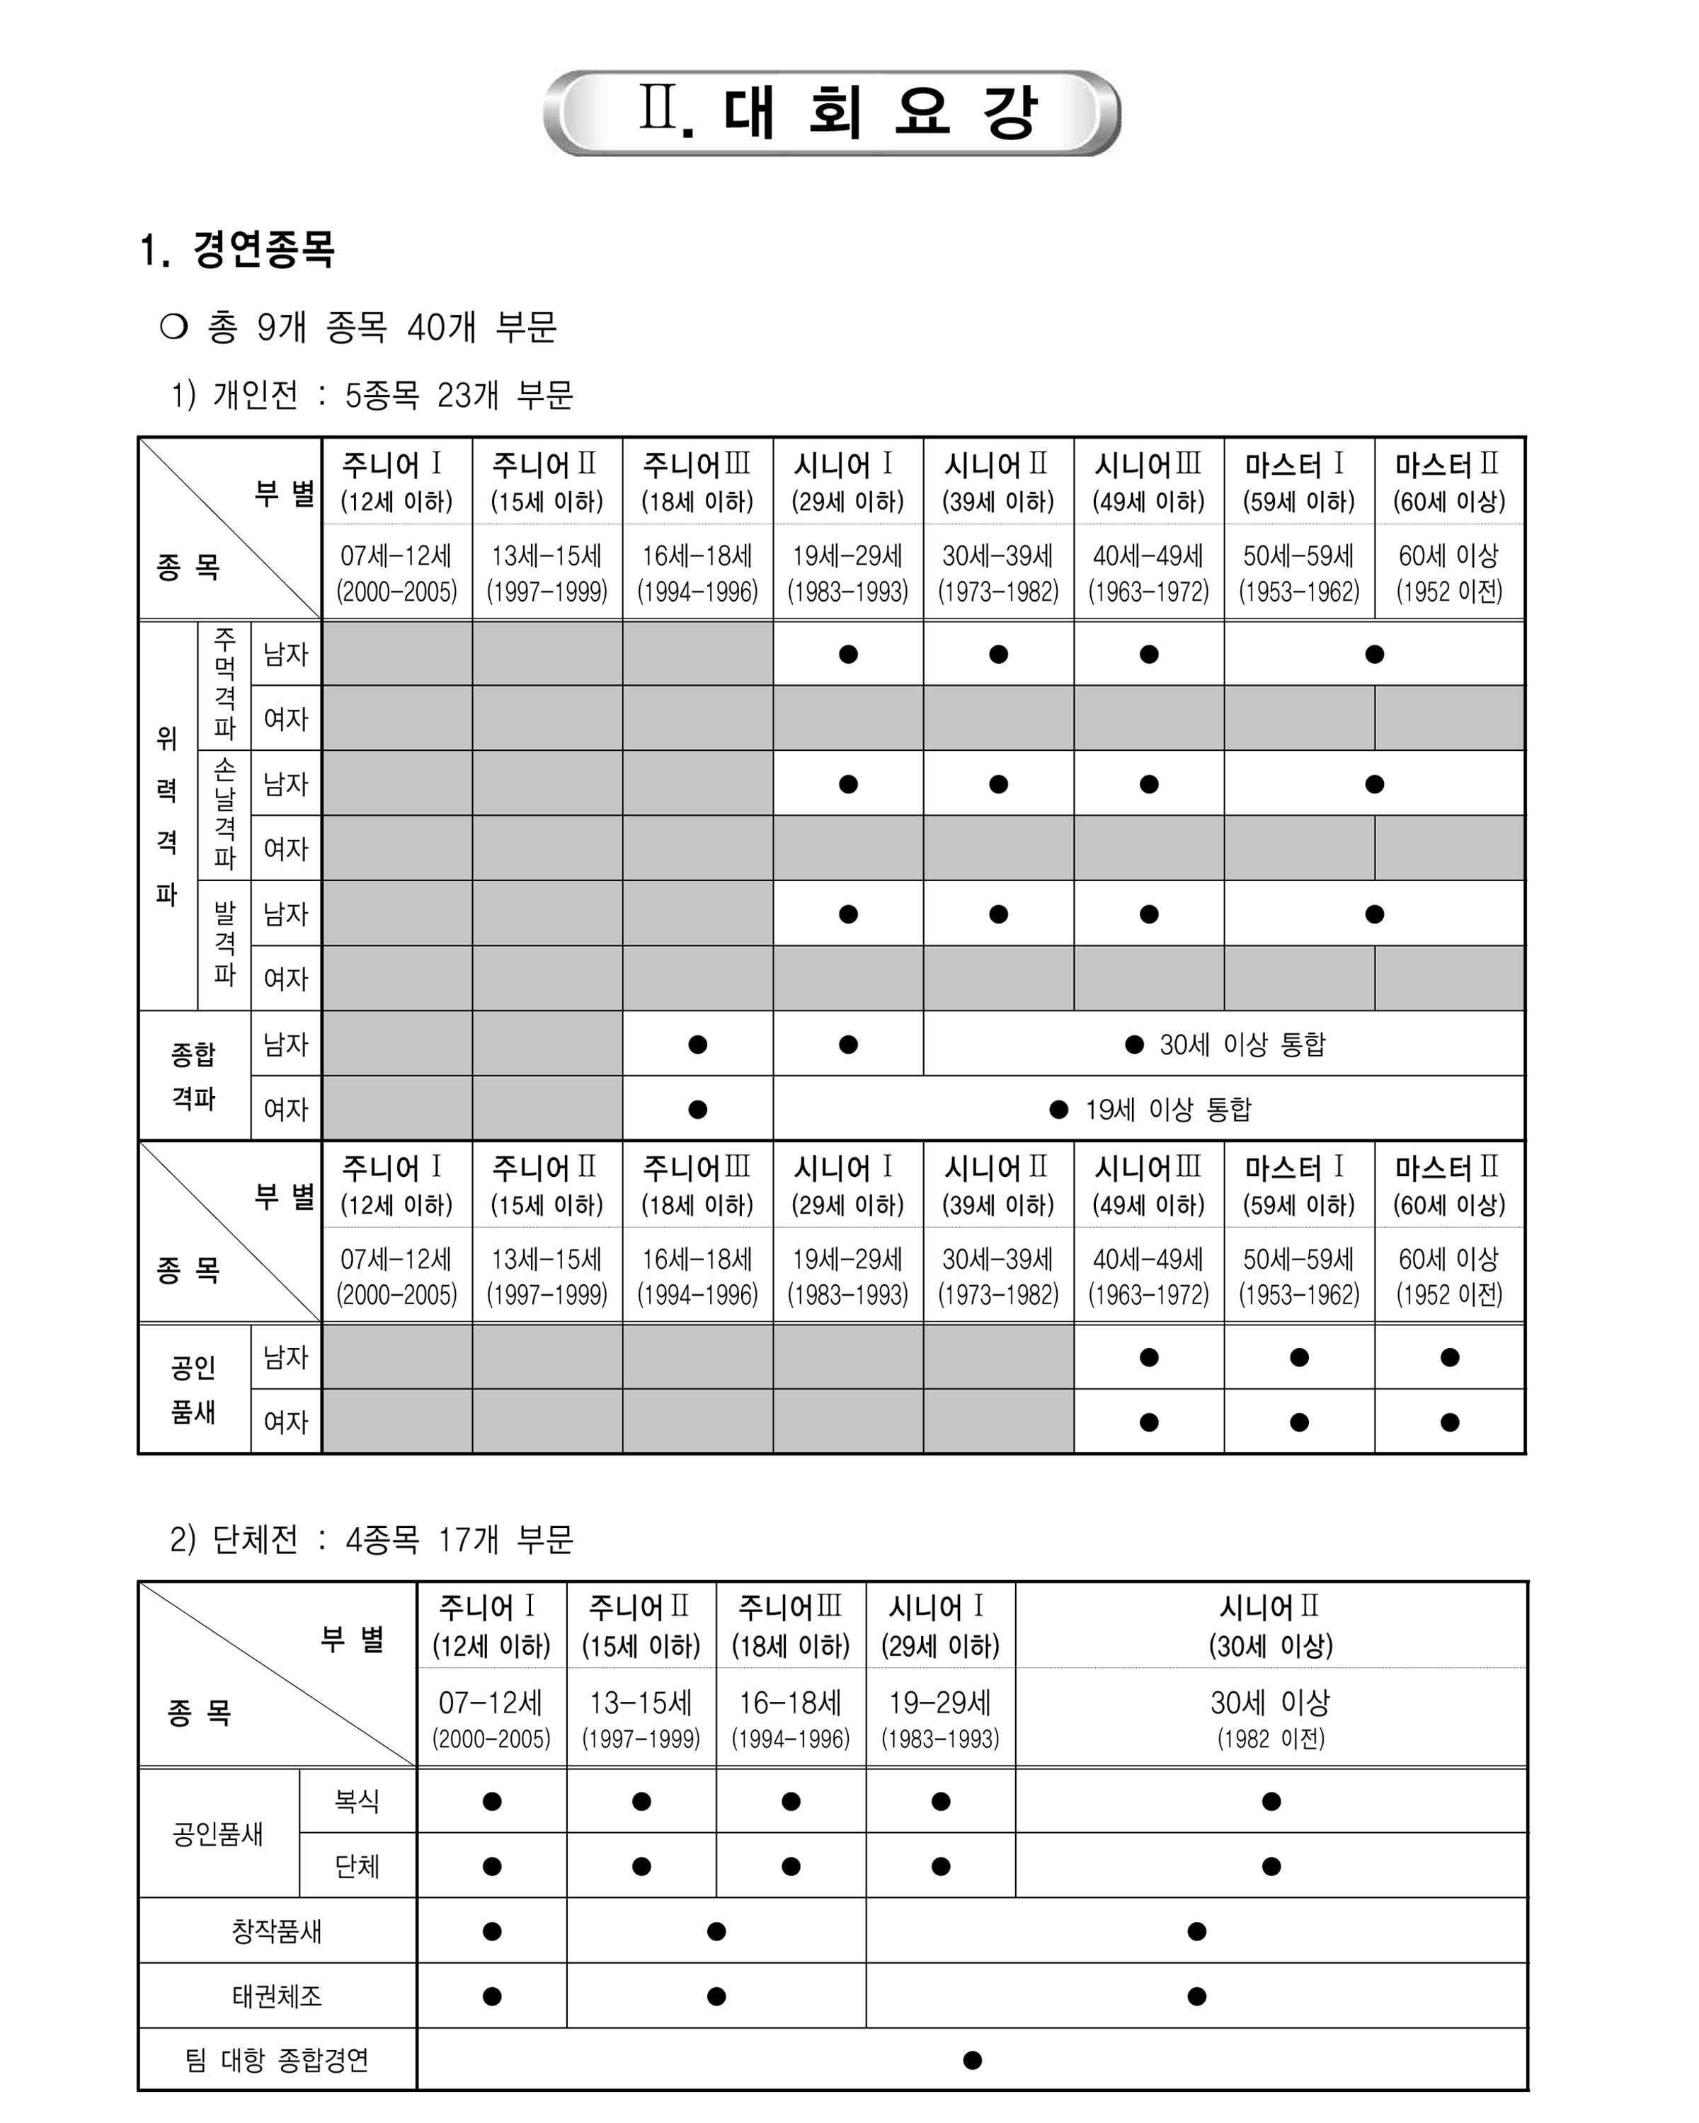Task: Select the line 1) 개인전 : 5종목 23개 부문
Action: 372,395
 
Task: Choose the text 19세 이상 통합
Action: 1167,1110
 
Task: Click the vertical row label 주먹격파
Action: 224,685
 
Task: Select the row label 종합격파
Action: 193,1076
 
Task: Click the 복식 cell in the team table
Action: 357,1801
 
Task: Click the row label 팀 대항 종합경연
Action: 277,2060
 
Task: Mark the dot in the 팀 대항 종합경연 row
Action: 972,2060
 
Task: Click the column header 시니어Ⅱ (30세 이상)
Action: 1271,1626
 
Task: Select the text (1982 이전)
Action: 1271,1739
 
